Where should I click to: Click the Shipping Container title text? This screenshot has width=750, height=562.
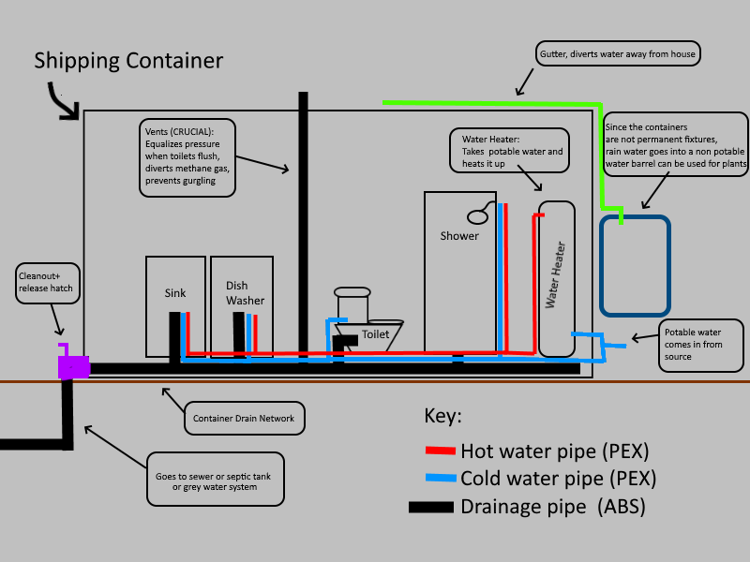(128, 61)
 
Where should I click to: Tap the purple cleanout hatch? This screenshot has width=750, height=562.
(73, 365)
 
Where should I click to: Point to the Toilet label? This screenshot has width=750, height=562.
(375, 334)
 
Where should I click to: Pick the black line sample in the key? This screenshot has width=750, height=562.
(432, 508)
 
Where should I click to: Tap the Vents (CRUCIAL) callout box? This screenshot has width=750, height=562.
(187, 156)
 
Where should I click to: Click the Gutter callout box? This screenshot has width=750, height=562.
(619, 53)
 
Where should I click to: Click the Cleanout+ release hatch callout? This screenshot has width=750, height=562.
(46, 283)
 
